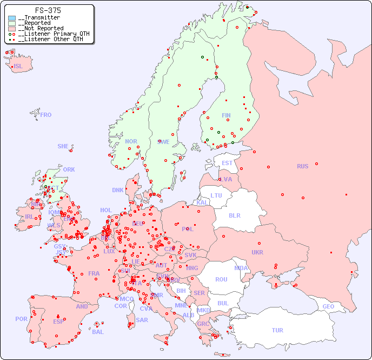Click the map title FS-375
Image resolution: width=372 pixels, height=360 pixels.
(x=48, y=10)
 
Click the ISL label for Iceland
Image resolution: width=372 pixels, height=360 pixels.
(x=18, y=67)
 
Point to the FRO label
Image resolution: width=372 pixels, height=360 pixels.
(x=46, y=115)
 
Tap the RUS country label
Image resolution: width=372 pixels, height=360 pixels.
(x=302, y=166)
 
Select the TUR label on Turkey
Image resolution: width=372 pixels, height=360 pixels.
(x=277, y=330)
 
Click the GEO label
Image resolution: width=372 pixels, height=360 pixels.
(x=328, y=306)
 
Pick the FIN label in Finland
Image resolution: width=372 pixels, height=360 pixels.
(x=226, y=115)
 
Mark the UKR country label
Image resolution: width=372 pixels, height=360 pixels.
(x=257, y=252)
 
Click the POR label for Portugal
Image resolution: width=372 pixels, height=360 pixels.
(x=21, y=319)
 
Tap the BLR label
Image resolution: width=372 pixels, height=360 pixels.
(x=234, y=215)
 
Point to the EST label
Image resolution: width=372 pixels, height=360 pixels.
(x=227, y=163)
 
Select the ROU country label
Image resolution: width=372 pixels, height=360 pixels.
(x=221, y=279)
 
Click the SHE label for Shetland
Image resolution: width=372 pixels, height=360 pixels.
(x=63, y=146)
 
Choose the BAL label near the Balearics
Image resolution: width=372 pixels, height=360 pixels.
(x=97, y=332)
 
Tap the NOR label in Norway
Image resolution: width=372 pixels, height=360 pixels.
(x=131, y=141)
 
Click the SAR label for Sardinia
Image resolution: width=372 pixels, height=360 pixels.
(x=142, y=320)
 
